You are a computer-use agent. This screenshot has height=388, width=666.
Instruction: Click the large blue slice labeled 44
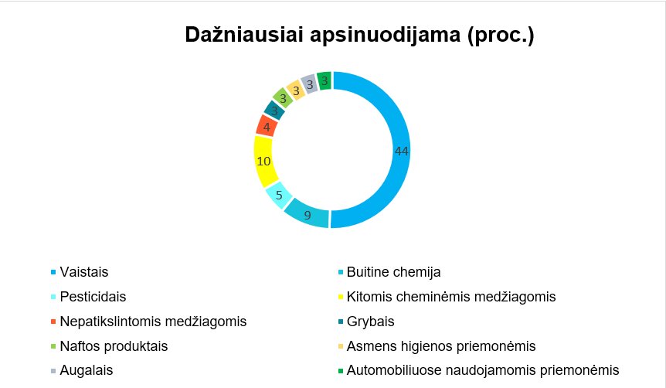click(x=401, y=151)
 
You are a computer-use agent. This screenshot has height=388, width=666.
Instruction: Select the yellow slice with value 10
click(x=263, y=162)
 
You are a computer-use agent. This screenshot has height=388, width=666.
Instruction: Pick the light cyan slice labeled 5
click(x=279, y=195)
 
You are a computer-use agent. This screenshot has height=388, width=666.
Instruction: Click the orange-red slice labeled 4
click(x=267, y=127)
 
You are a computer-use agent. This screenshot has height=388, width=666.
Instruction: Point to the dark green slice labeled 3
click(x=325, y=80)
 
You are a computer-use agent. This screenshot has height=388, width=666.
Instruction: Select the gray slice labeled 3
click(x=310, y=84)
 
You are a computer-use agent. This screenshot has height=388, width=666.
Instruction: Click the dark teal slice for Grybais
click(x=274, y=111)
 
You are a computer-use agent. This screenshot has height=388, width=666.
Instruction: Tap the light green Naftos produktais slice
click(x=283, y=98)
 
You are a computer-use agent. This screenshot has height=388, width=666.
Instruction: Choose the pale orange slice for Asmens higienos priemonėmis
click(x=296, y=90)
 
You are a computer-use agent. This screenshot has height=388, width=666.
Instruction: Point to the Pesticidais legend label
click(x=93, y=297)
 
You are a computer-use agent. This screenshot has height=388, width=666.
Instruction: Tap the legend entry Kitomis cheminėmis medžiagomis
click(x=451, y=297)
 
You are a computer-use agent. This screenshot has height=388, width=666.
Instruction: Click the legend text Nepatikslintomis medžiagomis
click(x=153, y=322)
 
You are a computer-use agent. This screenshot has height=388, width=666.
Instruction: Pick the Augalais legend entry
click(x=87, y=370)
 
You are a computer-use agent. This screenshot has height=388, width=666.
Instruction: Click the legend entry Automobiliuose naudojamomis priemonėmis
click(x=483, y=370)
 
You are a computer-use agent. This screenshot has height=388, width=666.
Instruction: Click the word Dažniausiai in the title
click(x=244, y=35)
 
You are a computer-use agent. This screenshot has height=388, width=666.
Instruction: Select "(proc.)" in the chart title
click(x=501, y=36)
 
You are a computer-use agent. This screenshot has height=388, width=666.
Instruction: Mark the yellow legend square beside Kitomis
click(x=341, y=297)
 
